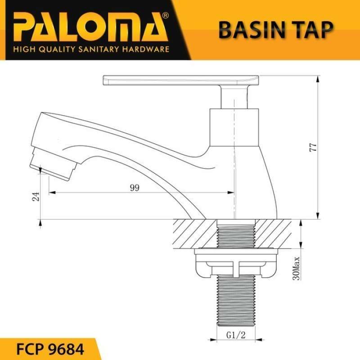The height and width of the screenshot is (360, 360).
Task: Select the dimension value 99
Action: [134, 189]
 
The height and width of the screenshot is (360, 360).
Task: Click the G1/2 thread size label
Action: [235, 335]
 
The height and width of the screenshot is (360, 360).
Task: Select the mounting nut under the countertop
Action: [235, 265]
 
